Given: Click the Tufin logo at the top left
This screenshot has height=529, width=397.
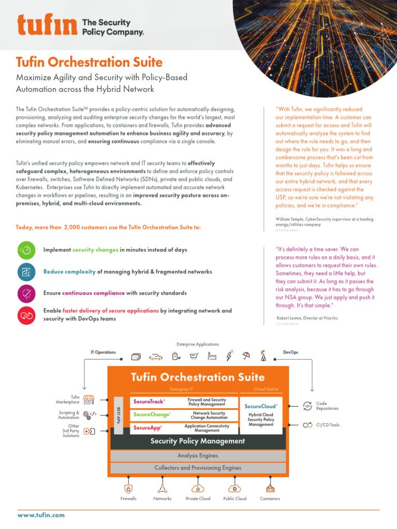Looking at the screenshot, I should tap(48, 26).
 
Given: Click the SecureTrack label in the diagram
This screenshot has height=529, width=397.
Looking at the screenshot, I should tap(149, 401).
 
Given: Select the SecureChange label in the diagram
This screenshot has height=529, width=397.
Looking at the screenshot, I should tap(151, 414).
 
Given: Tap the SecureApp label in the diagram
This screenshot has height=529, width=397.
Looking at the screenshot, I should tap(148, 428).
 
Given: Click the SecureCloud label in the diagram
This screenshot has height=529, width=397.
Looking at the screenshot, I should tap(261, 407).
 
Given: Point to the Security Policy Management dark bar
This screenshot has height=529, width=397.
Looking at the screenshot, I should tap(197, 441).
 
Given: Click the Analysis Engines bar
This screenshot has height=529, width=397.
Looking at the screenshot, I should tap(197, 456).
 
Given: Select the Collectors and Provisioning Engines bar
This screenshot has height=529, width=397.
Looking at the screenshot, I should tap(197, 468).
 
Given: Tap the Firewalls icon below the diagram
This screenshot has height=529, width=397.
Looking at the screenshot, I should tap(129, 488).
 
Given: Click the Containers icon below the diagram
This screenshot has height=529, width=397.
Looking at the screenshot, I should tap(270, 488).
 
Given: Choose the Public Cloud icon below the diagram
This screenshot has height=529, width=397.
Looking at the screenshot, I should tap(235, 488).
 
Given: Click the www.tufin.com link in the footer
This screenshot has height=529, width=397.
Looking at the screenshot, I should tap(41, 515).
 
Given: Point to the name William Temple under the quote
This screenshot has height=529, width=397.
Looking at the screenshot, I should tap(293, 220).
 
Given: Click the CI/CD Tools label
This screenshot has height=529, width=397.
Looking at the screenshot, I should tap(328, 425).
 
